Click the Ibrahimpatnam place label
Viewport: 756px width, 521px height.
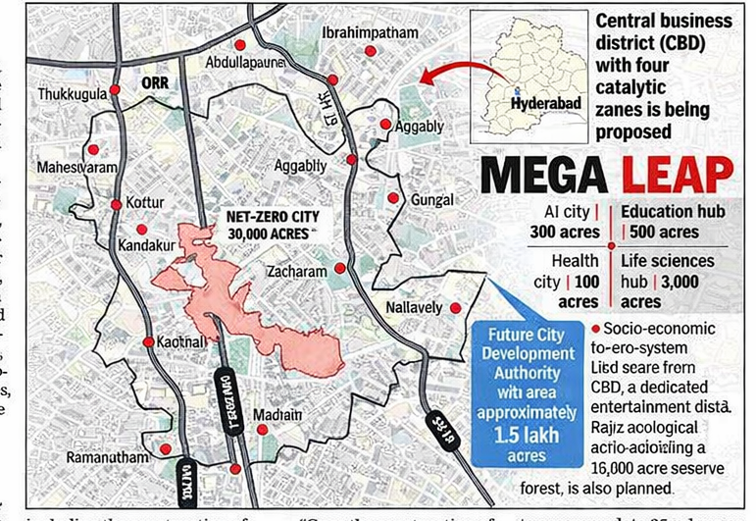click(371, 32)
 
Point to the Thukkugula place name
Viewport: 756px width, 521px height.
click(72, 93)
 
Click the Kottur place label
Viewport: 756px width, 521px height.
click(150, 202)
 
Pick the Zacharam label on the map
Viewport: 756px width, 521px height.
click(296, 268)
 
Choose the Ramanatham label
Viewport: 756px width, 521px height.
click(107, 457)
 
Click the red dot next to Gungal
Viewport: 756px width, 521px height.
click(393, 198)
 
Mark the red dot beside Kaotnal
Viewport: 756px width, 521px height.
click(148, 342)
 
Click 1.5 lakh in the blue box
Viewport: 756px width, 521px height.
click(526, 434)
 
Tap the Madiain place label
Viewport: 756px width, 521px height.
click(276, 416)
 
